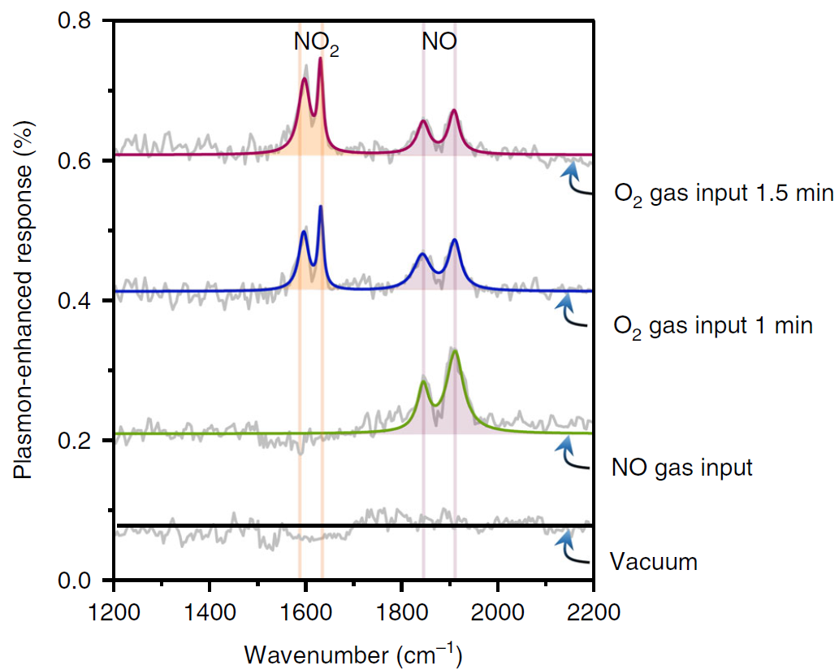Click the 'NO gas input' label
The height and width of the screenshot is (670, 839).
(x=682, y=468)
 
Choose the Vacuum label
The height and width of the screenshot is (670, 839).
(x=654, y=562)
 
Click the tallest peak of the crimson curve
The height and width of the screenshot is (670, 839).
(x=320, y=59)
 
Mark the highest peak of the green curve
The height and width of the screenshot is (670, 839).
(x=455, y=351)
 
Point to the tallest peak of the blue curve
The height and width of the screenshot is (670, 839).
(x=321, y=207)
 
